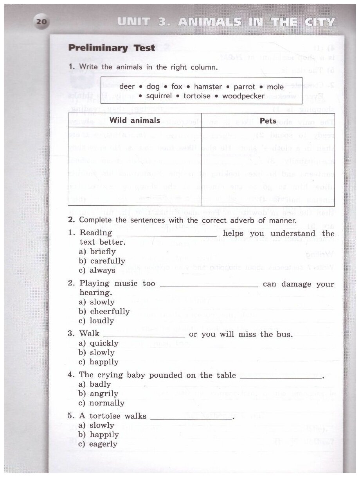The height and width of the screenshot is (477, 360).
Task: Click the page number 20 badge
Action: coord(41,22)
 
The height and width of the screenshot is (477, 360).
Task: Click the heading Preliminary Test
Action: coord(112,48)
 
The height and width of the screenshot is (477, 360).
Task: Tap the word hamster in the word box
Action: coord(208,87)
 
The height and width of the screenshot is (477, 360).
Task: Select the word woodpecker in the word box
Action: coord(243,96)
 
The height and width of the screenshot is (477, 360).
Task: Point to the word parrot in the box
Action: coord(243,87)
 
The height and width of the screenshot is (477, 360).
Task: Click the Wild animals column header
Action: coord(135,120)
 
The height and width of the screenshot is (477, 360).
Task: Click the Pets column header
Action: coord(268,121)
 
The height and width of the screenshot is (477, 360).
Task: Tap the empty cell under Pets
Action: coord(268,166)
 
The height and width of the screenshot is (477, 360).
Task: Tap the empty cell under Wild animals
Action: coord(135,166)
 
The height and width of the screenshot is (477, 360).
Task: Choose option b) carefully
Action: coord(102,261)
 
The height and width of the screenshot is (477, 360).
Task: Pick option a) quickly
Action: coord(99,343)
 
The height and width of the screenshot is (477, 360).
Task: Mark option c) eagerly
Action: coord(98,444)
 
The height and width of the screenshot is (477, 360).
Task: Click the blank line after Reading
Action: coord(167,233)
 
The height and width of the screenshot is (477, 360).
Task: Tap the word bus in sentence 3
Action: coord(283,334)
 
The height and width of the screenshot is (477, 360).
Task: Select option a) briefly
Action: coord(97,252)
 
